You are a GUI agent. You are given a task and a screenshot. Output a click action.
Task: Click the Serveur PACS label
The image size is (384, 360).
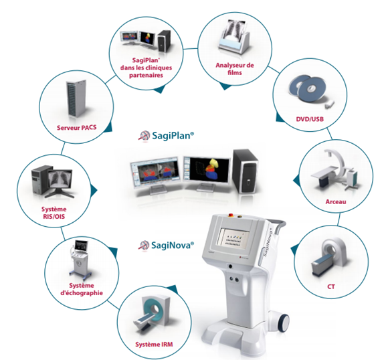pos(77,128)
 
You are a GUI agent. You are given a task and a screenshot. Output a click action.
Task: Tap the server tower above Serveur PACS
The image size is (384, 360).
pos(76,98)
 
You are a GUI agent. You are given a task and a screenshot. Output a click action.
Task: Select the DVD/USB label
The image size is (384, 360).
pos(310,119)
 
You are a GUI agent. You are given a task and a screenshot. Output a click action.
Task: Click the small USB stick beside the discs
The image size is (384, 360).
pos(330,104)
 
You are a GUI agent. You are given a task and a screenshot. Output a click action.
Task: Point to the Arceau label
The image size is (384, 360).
pos(336,202)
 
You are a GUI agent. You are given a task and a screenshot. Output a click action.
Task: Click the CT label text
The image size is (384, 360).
pos(331,286)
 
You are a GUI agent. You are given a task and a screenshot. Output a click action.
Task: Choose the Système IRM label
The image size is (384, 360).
pos(154,345)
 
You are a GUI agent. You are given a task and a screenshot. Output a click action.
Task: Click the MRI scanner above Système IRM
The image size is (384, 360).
pos(152,312)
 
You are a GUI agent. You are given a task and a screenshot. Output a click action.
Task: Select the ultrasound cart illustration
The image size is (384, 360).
pos(79,260)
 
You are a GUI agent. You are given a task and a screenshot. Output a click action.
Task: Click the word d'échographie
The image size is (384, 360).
pos(82,293)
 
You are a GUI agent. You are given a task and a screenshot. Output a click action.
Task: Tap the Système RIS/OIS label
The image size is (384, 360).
pos(54,213)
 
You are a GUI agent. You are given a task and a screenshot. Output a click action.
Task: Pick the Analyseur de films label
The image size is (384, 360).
pos(235,69)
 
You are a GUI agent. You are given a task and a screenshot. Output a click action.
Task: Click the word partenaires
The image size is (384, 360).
pos(146,75)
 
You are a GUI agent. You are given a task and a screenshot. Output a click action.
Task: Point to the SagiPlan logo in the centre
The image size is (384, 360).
pos(145,135)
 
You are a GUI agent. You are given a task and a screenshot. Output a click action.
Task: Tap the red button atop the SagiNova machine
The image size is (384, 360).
pos(231,215)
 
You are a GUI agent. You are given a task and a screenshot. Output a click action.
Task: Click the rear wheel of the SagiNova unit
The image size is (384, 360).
pos(284,323)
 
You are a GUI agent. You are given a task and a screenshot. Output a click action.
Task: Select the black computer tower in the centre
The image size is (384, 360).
pos(245,171)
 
